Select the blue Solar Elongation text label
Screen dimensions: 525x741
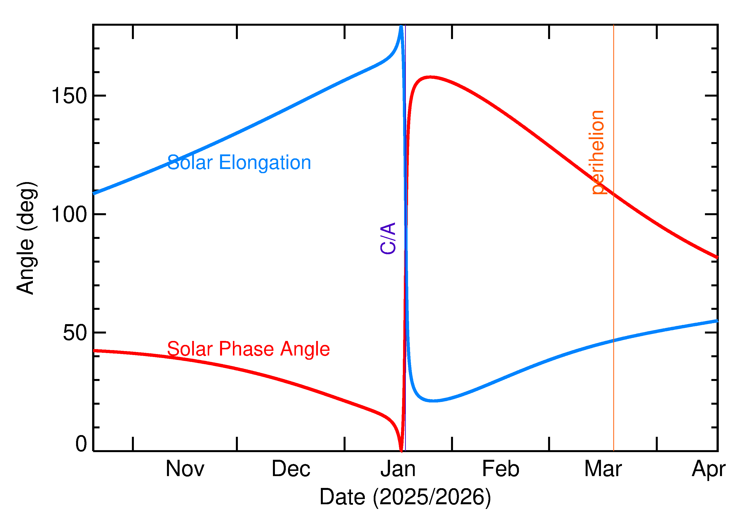[x=239, y=162]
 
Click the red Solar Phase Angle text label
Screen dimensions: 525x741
[x=248, y=349]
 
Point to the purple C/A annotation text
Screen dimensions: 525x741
[x=388, y=238]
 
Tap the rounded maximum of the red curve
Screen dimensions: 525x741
[x=430, y=77]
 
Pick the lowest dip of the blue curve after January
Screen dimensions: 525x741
[x=434, y=401]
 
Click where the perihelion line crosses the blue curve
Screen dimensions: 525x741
[x=613, y=340]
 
